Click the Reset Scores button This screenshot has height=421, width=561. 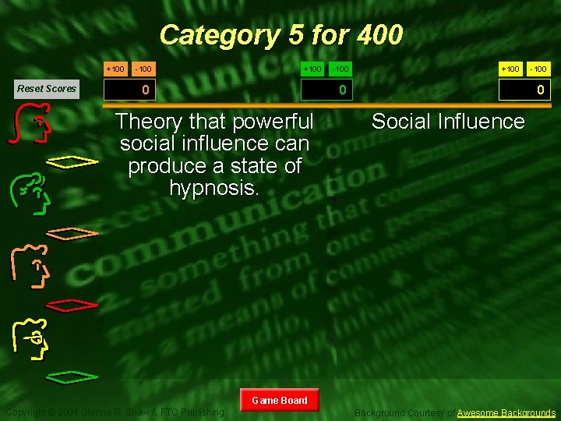[47, 88]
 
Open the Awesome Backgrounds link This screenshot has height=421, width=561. [506, 412]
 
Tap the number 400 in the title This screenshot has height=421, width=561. [380, 35]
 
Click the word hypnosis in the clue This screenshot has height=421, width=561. [213, 187]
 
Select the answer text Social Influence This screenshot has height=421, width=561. [448, 122]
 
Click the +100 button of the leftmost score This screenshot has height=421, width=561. [115, 69]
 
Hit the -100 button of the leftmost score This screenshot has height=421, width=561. [143, 69]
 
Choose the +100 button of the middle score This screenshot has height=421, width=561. [312, 69]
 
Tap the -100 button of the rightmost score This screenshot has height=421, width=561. [538, 69]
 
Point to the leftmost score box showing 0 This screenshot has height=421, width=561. [145, 90]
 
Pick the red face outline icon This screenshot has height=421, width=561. [33, 126]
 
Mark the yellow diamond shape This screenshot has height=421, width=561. [72, 161]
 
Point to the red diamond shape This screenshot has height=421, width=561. [72, 302]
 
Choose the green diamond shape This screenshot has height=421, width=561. [72, 377]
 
